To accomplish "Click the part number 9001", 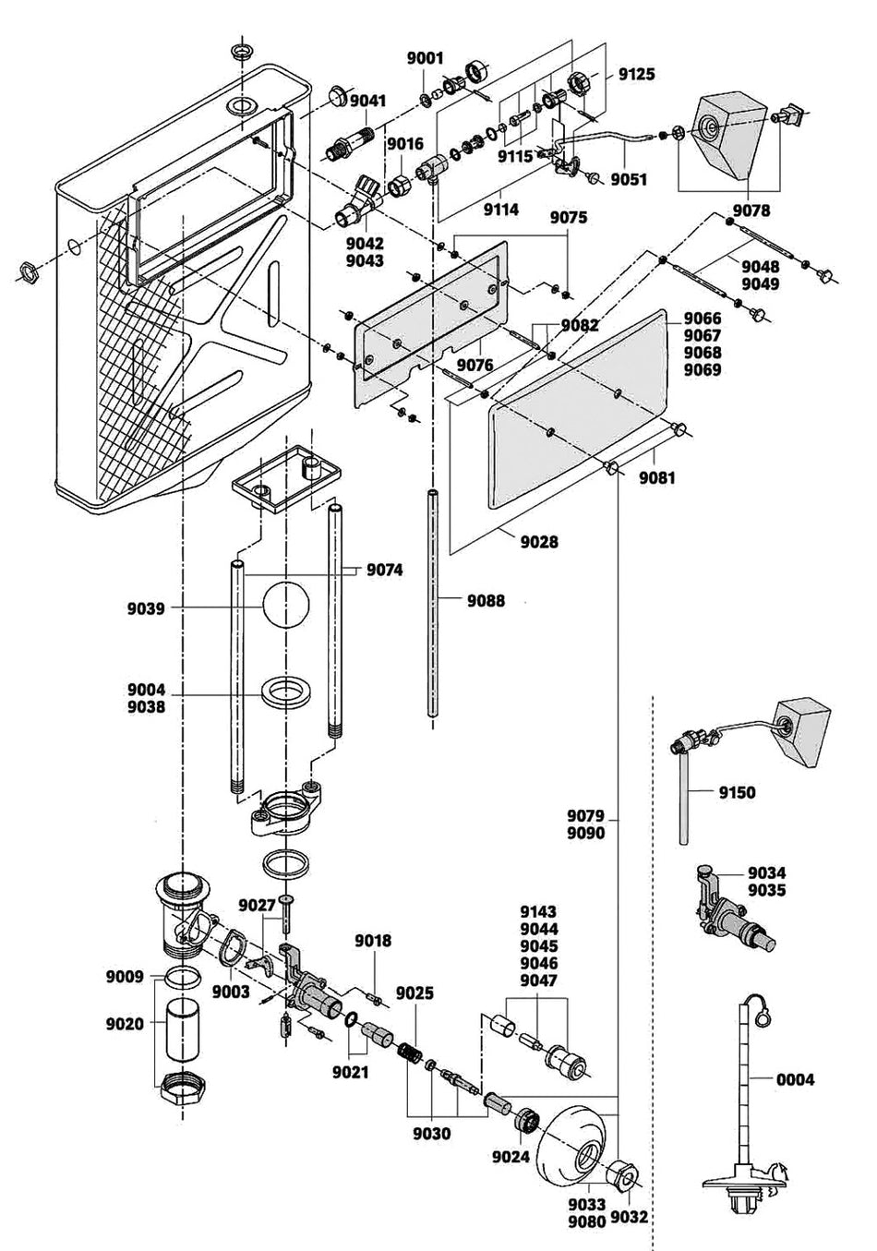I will coord(425,57).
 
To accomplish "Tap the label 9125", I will coord(636,74).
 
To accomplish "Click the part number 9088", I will coord(486,601).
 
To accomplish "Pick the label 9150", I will coord(738,792).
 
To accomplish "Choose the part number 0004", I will coord(796,1078).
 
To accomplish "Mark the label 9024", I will coord(511,1156).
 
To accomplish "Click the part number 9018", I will coord(374,941).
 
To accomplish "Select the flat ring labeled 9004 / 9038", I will coord(284,693).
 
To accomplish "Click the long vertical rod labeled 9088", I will coord(432,600).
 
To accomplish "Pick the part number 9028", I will coord(539,542).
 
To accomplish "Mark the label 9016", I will coord(404,143).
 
